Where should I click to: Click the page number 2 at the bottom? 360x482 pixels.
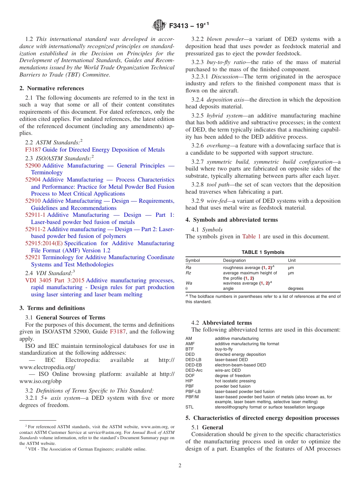coord(180,466)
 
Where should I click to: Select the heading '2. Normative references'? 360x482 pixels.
coord(52,88)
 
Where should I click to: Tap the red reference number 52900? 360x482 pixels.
coord(33,166)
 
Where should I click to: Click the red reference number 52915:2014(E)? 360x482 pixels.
coord(44,243)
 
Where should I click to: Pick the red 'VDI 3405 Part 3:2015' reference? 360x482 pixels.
coord(55,280)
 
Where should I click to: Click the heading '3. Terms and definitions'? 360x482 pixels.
coord(52,308)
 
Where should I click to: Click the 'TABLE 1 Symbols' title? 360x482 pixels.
coord(263,252)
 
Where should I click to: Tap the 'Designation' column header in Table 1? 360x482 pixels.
coord(234,261)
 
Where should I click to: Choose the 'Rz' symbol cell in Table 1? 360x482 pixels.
coord(188,273)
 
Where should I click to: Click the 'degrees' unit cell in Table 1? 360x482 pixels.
coord(296,288)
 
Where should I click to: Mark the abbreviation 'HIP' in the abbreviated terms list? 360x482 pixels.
coord(189,381)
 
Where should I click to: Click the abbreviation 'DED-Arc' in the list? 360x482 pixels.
coord(194,370)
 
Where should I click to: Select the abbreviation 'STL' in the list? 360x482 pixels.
coord(189,407)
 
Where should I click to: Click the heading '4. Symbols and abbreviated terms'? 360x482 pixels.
coord(232,220)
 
